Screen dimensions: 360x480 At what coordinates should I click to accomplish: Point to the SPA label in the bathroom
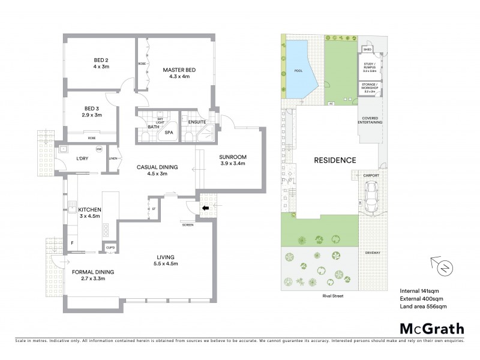pyautogui.click(x=169, y=133)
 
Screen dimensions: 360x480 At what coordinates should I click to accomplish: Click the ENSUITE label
pyautogui.click(x=197, y=122)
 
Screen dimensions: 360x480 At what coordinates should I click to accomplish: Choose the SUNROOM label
pyautogui.click(x=233, y=157)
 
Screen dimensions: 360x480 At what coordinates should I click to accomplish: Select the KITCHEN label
pyautogui.click(x=90, y=209)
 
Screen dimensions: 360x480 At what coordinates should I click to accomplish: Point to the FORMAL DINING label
pyautogui.click(x=93, y=272)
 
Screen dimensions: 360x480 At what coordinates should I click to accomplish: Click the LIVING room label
pyautogui.click(x=166, y=260)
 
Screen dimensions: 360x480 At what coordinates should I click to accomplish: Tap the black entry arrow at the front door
pyautogui.click(x=205, y=209)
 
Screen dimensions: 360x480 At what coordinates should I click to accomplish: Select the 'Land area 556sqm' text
pyautogui.click(x=423, y=306)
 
